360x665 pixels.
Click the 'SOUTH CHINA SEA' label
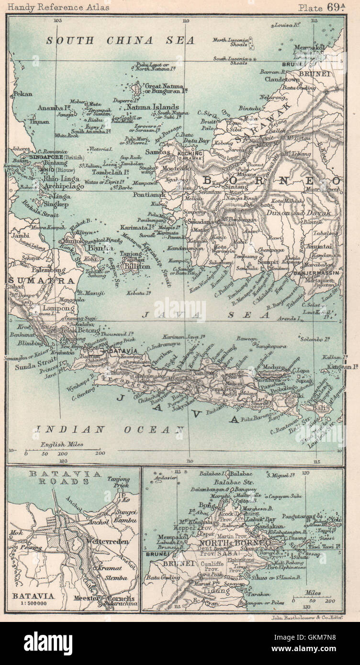point(120,41)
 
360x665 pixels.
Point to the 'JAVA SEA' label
point(205,315)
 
